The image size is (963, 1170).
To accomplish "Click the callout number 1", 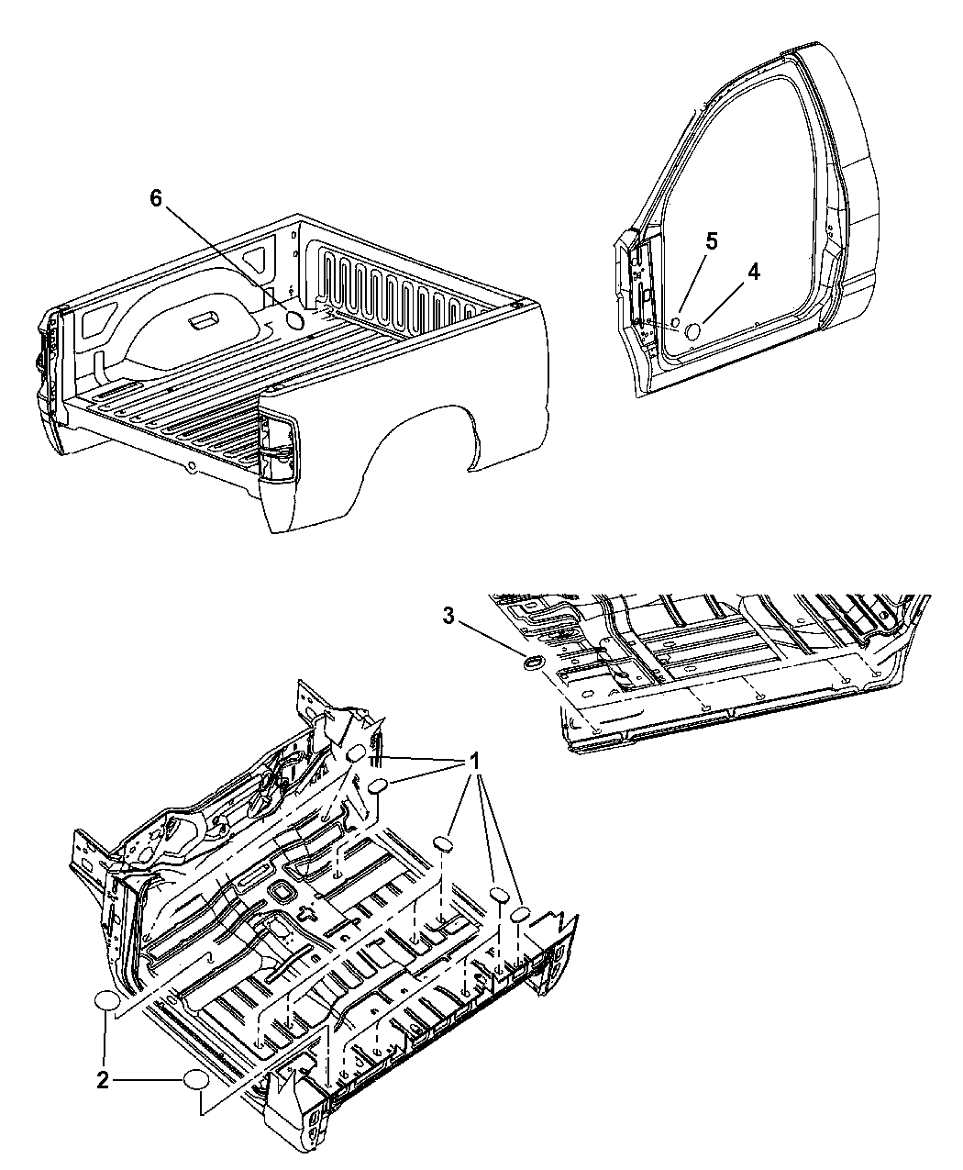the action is [474, 763].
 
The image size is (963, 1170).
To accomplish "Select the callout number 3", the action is [448, 617].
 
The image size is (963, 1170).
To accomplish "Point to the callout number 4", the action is [754, 273].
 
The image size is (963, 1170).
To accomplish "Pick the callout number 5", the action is [711, 242].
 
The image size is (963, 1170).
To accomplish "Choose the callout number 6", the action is [156, 198].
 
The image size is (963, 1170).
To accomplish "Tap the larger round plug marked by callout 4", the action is [692, 331].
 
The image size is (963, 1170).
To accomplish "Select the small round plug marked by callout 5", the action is [675, 322].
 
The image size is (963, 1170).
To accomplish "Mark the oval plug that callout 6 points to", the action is [294, 320].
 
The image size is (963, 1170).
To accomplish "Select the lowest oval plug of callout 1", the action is [520, 916].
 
